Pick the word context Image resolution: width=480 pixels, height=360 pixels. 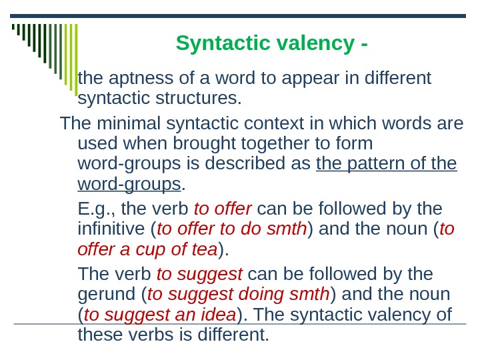coord(273,124)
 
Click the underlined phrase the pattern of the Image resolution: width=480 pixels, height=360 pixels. coord(387,164)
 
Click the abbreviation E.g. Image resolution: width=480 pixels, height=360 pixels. coord(95,209)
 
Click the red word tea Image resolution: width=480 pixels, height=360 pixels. coord(204,250)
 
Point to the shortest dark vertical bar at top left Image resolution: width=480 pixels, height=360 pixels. coord(13,29)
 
